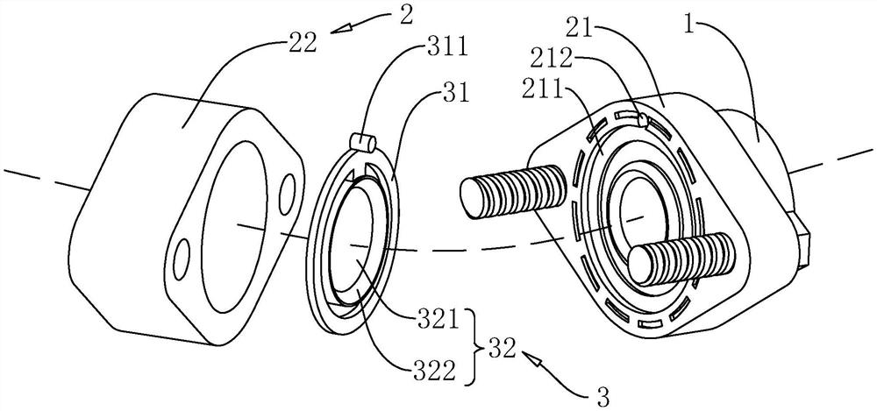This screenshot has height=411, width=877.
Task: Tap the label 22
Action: click(x=303, y=43)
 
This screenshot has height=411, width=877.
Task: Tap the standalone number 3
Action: click(x=604, y=398)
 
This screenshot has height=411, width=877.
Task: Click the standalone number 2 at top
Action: click(x=406, y=15)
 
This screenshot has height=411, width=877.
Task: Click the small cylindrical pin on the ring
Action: click(x=364, y=142)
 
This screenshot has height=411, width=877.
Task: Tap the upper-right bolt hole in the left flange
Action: click(x=289, y=192)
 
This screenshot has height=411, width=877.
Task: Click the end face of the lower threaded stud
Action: click(x=640, y=266)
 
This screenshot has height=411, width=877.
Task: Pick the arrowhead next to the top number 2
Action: click(x=339, y=28)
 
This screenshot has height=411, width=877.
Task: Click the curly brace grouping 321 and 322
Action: click(x=474, y=347)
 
